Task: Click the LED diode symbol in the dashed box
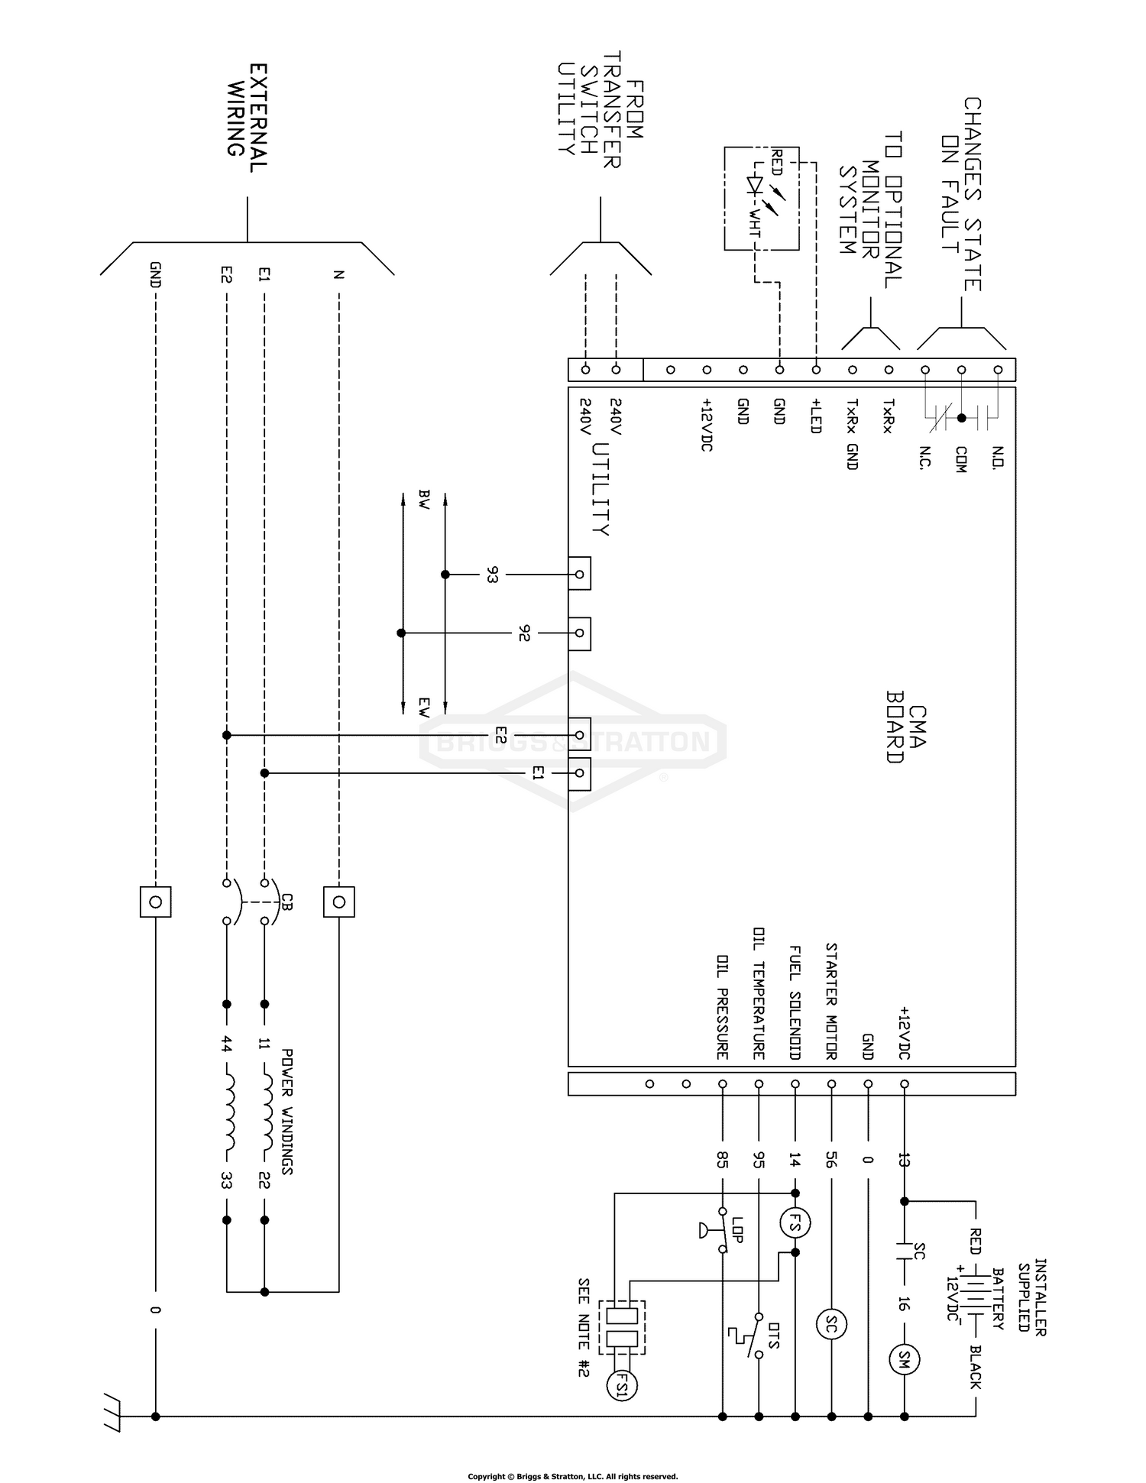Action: coord(756,187)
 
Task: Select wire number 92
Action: coord(523,633)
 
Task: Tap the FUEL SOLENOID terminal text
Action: coord(795,1002)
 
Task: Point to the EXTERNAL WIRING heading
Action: coord(248,118)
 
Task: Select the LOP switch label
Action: coord(738,1229)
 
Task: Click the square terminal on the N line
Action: coord(338,902)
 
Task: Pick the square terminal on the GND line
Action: coord(155,902)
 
